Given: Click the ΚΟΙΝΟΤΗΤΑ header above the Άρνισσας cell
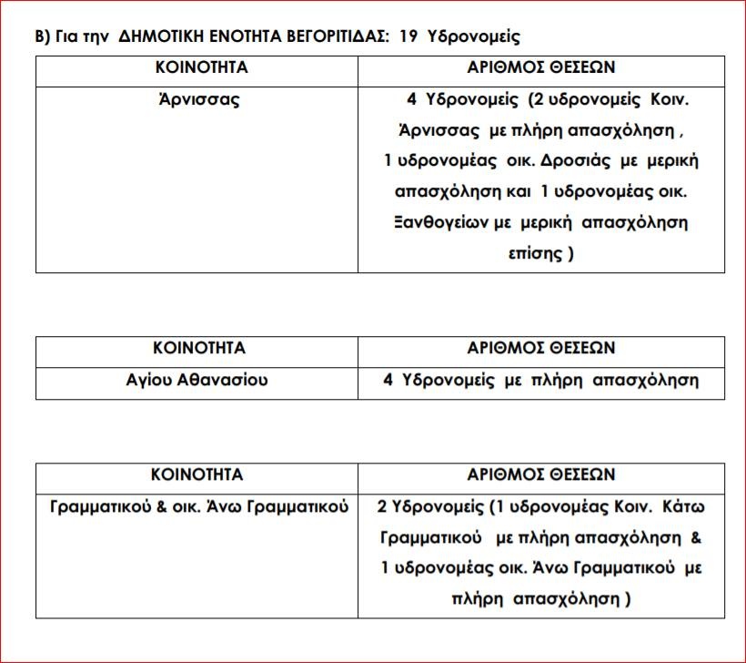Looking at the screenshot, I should tap(197, 68).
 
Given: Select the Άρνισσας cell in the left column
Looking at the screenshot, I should tap(197, 99).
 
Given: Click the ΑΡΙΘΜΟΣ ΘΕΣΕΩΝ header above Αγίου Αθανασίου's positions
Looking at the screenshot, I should tap(541, 349).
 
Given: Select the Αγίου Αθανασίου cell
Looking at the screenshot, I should tap(197, 380).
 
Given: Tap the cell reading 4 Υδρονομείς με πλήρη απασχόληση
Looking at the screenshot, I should tap(541, 380).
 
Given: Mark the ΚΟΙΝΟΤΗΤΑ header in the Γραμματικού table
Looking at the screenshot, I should tap(197, 475).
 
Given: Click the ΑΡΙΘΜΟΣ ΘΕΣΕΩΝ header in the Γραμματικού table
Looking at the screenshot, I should tap(541, 475).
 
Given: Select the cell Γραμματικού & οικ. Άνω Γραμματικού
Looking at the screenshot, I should tap(198, 506).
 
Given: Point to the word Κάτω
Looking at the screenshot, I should tap(687, 506).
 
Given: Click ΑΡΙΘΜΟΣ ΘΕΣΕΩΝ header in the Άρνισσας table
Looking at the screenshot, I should tap(541, 68).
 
